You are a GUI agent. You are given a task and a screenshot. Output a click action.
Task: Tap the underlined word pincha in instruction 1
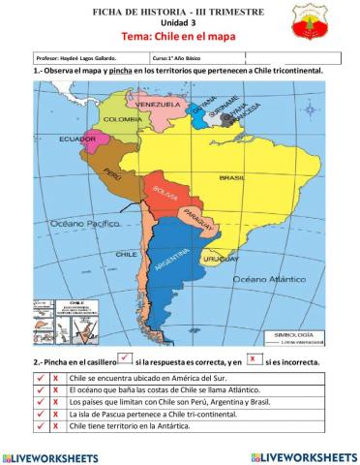pos(121,72)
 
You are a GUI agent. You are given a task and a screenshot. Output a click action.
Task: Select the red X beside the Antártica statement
pos(55,424)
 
